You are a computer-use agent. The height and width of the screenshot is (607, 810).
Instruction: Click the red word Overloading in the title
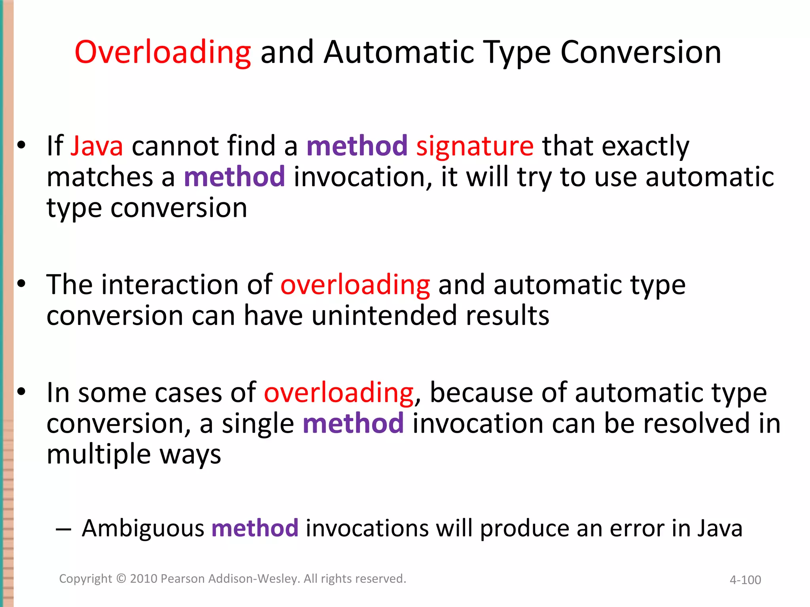click(x=163, y=53)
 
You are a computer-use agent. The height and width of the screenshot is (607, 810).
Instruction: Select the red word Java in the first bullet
click(x=97, y=146)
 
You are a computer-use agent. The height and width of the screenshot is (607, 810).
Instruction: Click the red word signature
click(x=475, y=147)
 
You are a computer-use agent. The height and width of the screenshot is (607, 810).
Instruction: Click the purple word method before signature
click(x=357, y=146)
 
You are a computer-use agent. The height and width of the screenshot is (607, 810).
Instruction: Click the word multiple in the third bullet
click(x=98, y=454)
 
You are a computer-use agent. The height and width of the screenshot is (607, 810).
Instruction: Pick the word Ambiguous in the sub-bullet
click(x=143, y=528)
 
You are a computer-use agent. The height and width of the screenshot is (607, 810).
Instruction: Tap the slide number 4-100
click(x=745, y=580)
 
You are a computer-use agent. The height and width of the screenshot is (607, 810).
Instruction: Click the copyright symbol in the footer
click(x=121, y=579)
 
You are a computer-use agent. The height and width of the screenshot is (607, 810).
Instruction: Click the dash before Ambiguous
click(x=63, y=529)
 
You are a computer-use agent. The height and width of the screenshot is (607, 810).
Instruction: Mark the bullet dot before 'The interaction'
click(x=21, y=284)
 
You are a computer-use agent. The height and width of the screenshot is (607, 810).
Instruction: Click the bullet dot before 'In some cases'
click(x=21, y=392)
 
